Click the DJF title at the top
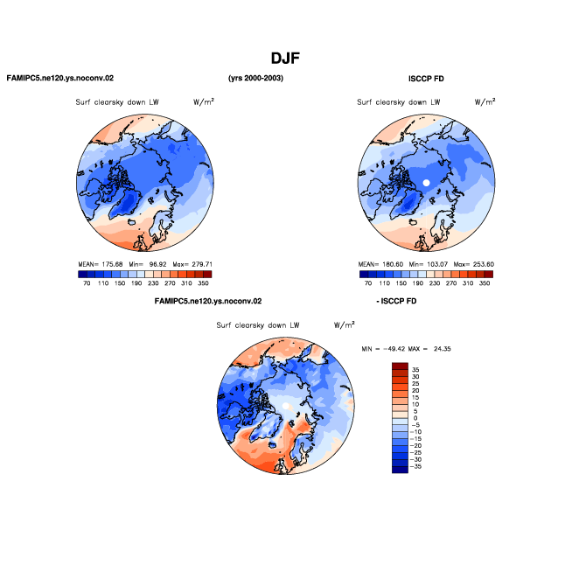click(285, 59)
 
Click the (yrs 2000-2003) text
click(255, 78)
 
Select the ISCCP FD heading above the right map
click(426, 79)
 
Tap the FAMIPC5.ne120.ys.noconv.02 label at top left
click(60, 78)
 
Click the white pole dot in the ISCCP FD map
click(426, 183)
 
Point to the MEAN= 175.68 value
click(101, 264)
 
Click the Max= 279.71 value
click(192, 264)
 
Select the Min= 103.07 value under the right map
click(429, 264)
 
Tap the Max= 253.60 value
click(474, 264)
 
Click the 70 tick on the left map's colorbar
click(87, 283)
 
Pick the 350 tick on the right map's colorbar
click(485, 283)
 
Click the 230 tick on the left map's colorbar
click(153, 283)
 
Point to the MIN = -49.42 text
click(383, 349)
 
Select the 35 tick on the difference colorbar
click(415, 370)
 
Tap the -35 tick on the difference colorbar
click(415, 466)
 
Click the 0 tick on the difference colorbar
click(415, 418)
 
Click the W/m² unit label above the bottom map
click(345, 324)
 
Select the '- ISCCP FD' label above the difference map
click(396, 302)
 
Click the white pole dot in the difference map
click(286, 406)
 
